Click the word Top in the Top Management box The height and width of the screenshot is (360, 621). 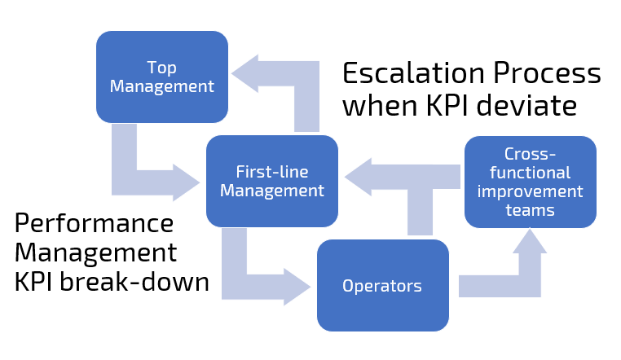point(161,67)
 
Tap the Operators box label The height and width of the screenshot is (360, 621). point(382,286)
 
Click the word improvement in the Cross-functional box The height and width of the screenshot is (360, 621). point(530,192)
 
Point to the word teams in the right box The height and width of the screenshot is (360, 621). point(530,210)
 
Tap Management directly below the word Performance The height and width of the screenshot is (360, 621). point(96,252)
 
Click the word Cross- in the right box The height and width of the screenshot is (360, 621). point(530,155)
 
